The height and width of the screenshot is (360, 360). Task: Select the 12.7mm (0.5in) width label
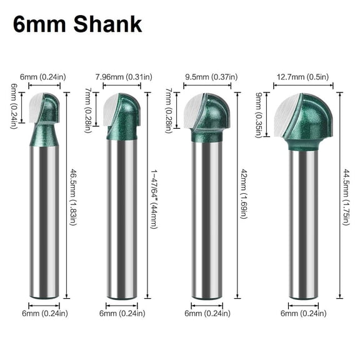(x=303, y=77)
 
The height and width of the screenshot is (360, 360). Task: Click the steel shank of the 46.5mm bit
(x=45, y=219)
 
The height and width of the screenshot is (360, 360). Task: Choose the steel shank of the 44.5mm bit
(x=303, y=225)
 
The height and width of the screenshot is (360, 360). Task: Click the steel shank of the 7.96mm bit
(x=122, y=219)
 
